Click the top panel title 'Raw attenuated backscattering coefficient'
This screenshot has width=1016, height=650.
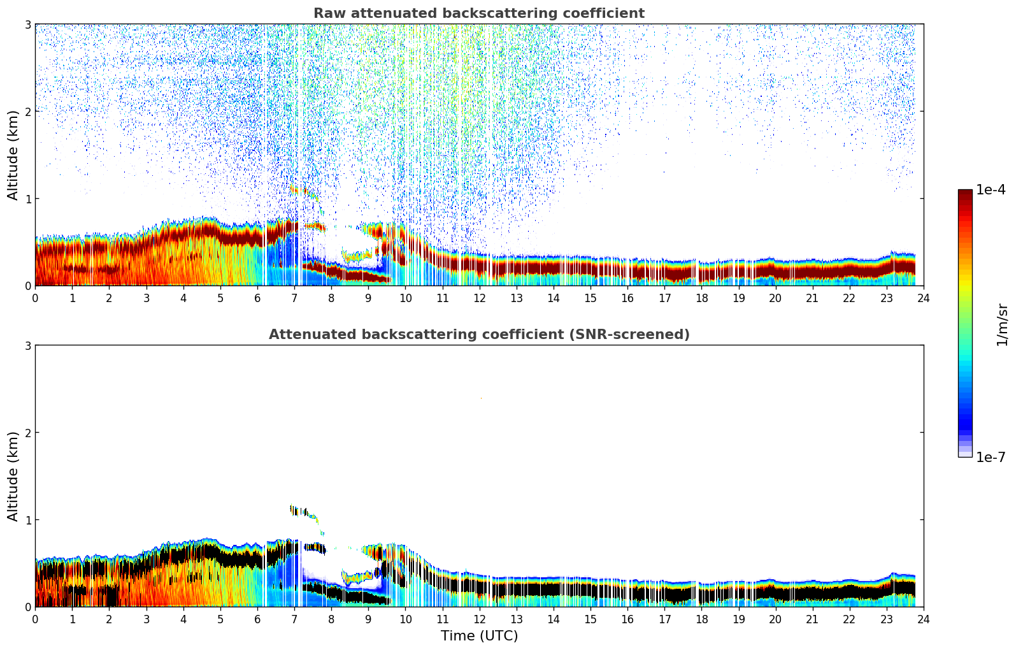coord(478,13)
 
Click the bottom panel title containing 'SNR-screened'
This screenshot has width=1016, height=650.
coord(478,335)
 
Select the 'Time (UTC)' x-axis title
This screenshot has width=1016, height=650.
coord(479,635)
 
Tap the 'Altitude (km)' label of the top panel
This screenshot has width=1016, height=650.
coord(13,155)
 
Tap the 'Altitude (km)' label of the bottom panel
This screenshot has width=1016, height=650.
coord(13,476)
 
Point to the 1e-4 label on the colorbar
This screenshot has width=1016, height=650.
coord(991,190)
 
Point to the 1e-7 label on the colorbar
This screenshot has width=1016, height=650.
coord(991,457)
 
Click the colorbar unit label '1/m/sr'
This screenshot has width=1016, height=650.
coord(1002,324)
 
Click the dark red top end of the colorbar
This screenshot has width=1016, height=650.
coord(965,192)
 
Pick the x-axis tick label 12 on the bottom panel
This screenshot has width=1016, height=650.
coord(479,619)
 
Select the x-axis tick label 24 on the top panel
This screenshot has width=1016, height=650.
coord(924,298)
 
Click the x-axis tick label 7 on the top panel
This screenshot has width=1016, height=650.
coord(294,298)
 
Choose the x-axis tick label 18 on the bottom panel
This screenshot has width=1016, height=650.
coord(701,619)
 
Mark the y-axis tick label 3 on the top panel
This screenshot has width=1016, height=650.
coord(27,24)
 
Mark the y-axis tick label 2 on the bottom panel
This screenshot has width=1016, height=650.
coord(27,433)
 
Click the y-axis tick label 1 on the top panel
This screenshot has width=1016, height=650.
coord(27,199)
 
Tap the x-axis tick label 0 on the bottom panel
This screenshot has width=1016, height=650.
coord(35,619)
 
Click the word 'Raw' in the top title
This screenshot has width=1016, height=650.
coord(327,13)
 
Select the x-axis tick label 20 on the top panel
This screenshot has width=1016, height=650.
coord(775,298)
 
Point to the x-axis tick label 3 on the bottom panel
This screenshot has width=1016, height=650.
coord(146,619)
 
